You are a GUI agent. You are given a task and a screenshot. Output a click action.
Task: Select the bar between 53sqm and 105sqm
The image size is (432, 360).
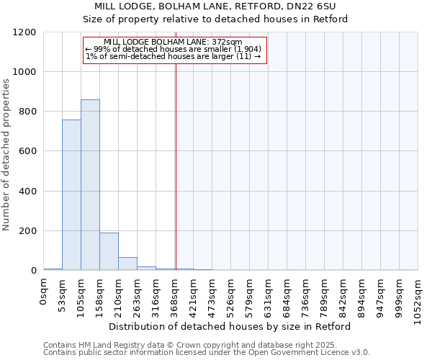coord(71,195)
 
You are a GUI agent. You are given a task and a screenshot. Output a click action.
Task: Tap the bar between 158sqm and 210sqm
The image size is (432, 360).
coord(109,251)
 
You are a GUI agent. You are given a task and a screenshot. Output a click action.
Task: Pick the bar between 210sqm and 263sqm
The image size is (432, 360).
coord(127,264)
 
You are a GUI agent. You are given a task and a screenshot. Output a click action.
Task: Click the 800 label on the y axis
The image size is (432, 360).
coord(28,112)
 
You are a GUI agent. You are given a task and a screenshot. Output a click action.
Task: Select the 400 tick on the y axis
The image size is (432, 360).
coord(28,192)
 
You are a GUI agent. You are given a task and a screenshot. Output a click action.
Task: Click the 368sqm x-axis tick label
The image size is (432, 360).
coord(175,295)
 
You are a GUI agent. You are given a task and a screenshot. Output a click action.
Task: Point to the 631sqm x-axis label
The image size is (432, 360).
coord(269,295)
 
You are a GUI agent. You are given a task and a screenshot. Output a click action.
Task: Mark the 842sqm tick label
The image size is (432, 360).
coord(343,295)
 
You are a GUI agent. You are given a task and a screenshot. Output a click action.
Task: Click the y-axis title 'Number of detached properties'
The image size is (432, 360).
coord(6,156)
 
